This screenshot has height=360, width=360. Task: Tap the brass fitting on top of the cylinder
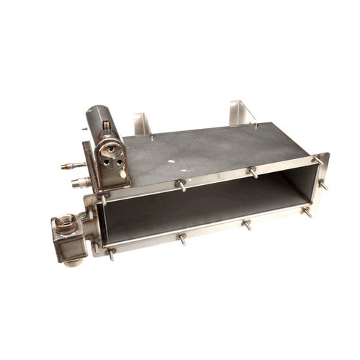[107, 127]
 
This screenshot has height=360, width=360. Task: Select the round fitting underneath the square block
[72, 261]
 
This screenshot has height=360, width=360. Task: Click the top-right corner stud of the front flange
[317, 160]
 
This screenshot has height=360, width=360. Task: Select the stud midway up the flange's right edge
[322, 185]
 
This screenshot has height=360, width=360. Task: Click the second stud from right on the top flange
[252, 171]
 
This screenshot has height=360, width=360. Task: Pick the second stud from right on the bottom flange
[246, 225]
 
